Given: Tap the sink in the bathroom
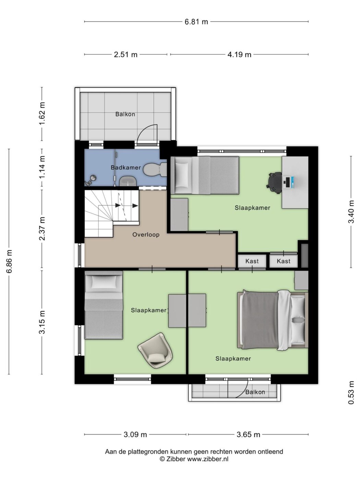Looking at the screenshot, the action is (128, 181).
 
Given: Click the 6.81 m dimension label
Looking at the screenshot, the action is (196, 22).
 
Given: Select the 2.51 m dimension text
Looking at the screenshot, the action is (125, 55).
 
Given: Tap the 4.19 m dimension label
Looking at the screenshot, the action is (239, 55).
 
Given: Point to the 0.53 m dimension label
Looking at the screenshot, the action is (351, 393).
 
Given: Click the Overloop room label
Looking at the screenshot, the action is (146, 235).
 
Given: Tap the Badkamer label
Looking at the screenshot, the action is (126, 168).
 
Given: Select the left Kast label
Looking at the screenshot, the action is (252, 261).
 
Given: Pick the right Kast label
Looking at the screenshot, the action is (284, 261).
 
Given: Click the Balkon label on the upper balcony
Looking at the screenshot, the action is (125, 114).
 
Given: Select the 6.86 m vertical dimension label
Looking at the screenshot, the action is (9, 261).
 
